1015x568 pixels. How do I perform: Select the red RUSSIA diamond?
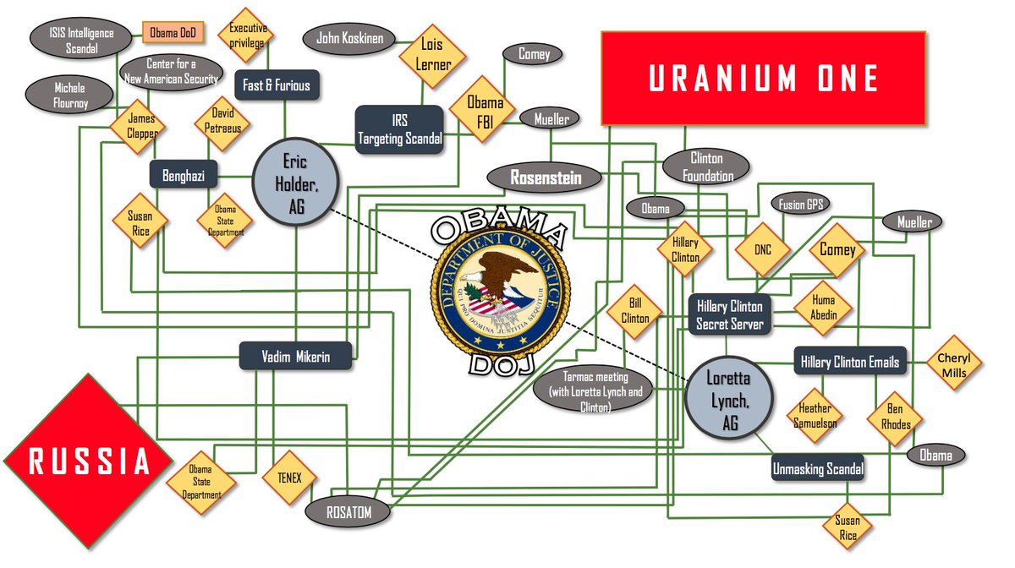pos(78,461)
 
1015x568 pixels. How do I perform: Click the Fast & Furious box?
pos(276,85)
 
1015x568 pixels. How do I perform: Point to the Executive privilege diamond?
pos(247,35)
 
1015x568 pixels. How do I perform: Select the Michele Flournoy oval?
pos(69,95)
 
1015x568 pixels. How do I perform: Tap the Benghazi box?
pos(184,175)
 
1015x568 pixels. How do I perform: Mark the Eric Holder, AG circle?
pos(295,182)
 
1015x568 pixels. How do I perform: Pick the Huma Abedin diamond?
pos(822,307)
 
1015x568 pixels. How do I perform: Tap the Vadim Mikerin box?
pos(295,356)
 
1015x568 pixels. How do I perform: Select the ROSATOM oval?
pos(349,511)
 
